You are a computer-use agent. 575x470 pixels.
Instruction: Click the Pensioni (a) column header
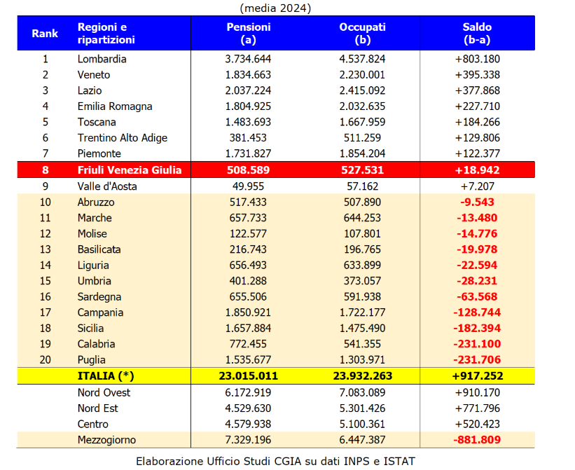pos(248,34)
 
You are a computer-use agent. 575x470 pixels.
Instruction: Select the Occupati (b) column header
pos(362,34)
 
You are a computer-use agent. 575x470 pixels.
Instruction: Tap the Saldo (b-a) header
pos(477,34)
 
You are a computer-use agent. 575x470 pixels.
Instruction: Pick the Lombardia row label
pos(102,59)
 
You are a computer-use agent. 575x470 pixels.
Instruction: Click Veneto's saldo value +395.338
pos(477,75)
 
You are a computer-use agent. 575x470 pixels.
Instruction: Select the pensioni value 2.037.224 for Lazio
pos(248,90)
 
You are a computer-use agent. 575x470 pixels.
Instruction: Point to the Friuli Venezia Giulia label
pos(130,170)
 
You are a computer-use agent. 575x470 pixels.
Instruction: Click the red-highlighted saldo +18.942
pos(477,170)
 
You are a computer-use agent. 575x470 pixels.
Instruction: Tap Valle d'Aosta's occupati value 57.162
pos(362,186)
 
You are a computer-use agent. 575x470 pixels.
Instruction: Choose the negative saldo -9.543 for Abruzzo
pos(477,202)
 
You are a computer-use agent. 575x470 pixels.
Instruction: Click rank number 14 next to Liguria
pos(45,265)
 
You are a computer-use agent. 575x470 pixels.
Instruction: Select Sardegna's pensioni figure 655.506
pos(248,297)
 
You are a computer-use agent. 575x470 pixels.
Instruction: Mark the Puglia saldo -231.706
pos(477,360)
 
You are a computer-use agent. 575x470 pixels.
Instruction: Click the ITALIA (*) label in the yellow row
pos(105,375)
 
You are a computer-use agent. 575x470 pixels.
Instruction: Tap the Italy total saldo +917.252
pos(477,375)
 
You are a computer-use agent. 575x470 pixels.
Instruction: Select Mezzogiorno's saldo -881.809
pos(477,440)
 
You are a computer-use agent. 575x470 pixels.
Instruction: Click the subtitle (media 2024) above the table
pos(275,8)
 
